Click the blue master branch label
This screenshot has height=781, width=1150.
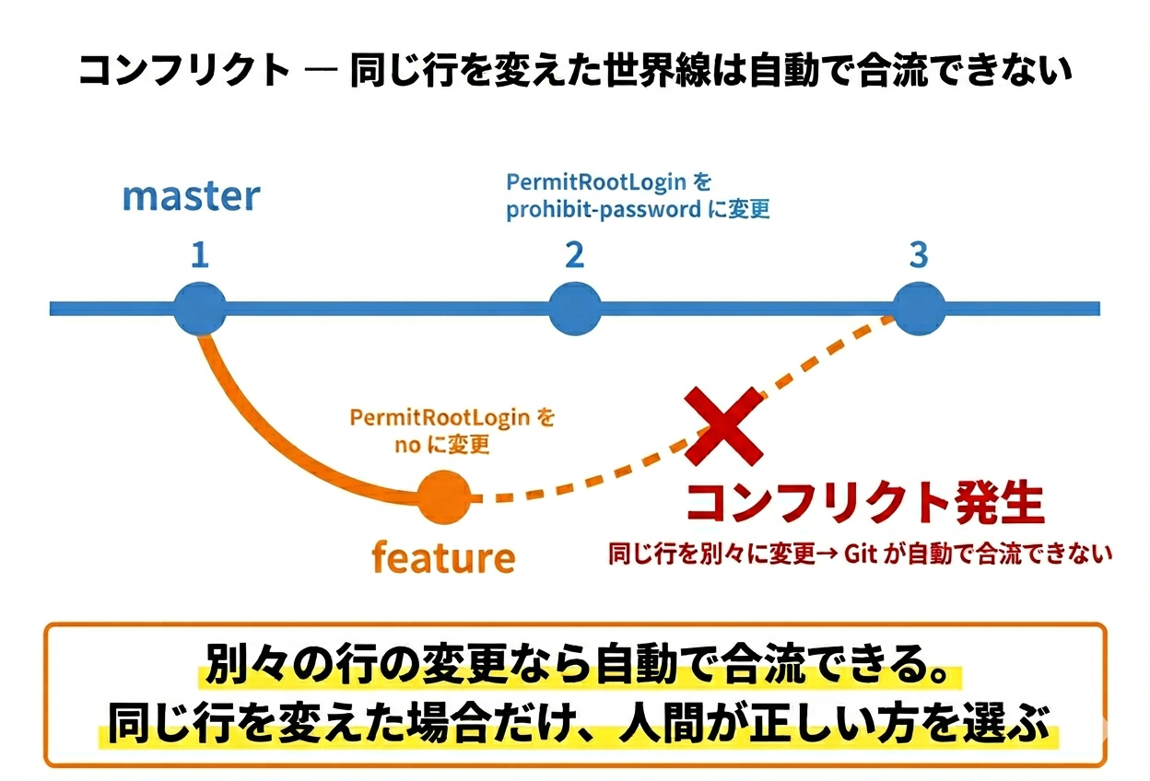[191, 196]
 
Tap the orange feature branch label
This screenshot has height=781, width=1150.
[442, 557]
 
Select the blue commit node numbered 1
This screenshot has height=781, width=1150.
[200, 308]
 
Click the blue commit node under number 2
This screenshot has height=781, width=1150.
[575, 308]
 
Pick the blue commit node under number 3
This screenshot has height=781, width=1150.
[919, 308]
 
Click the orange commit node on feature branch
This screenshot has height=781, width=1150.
[443, 496]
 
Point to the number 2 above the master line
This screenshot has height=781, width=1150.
[575, 255]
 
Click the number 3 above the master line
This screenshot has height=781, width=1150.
[919, 255]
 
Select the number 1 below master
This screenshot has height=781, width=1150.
[200, 255]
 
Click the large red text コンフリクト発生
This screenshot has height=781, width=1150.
[864, 503]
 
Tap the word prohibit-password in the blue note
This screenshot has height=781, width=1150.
[603, 209]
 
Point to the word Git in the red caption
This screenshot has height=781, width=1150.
[862, 554]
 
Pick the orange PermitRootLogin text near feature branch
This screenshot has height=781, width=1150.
[440, 417]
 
